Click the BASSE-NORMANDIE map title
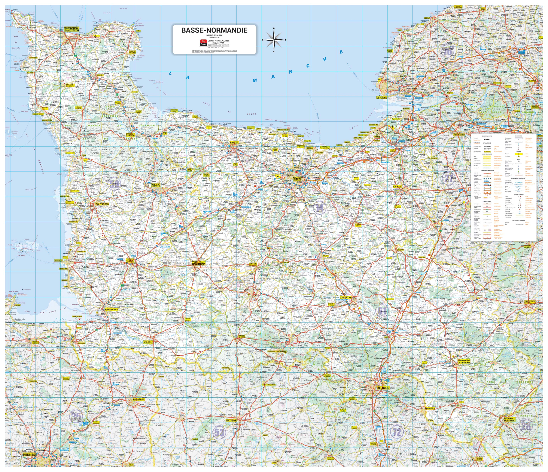(214, 30)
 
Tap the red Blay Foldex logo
(204, 42)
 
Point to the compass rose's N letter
(274, 28)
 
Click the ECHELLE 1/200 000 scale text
(214, 35)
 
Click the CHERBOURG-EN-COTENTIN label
(71, 29)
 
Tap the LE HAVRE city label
(382, 97)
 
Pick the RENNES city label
(29, 454)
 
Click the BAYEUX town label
(234, 142)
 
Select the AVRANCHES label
(111, 309)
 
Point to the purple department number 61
(382, 311)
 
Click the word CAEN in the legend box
(487, 139)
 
